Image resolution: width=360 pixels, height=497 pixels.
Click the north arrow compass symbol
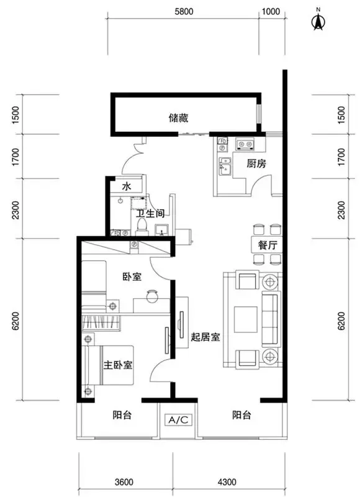[318, 21]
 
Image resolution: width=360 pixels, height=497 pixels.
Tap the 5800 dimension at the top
[184, 12]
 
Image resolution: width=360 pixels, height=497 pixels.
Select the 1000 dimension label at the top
[271, 12]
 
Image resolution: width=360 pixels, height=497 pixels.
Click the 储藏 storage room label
[179, 118]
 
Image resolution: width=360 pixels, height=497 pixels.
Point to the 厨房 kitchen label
[256, 164]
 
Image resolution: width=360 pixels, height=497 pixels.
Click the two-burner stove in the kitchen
[246, 145]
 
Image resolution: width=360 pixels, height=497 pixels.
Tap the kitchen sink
[225, 166]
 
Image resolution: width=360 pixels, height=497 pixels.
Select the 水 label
[127, 186]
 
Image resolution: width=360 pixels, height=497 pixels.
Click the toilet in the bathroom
[142, 227]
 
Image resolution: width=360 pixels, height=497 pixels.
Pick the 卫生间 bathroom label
[150, 213]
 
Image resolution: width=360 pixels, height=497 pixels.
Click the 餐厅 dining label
[268, 245]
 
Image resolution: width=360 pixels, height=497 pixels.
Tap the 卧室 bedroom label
[132, 276]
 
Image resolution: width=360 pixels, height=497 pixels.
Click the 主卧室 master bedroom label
[118, 365]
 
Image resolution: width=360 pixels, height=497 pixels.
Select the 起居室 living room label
[205, 337]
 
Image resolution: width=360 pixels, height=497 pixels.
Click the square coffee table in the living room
[245, 319]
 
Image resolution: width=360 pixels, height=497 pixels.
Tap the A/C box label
[178, 420]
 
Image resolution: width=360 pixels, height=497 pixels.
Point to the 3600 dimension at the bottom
[124, 482]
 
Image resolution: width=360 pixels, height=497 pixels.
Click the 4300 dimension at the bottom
[227, 482]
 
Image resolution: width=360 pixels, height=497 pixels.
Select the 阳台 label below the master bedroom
[122, 415]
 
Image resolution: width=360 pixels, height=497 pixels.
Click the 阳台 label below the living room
[241, 415]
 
